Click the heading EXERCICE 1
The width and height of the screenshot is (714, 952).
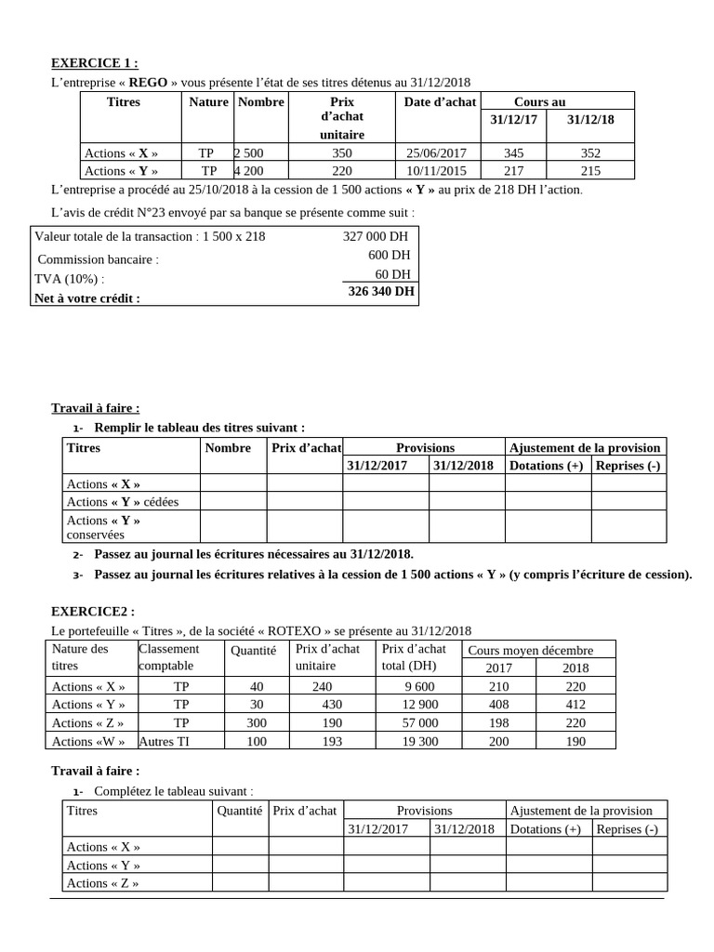coord(93,64)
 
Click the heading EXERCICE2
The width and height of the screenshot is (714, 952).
coord(92,611)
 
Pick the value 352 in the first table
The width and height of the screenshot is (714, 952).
coord(589,153)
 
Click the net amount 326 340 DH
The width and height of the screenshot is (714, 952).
coord(381,291)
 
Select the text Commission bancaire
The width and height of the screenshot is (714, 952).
coord(98,260)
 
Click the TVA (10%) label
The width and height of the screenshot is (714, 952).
coord(70,279)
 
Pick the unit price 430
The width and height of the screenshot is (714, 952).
coord(332,705)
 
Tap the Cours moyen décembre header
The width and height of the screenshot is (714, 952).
coord(530,651)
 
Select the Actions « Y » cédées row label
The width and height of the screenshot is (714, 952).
coord(123,502)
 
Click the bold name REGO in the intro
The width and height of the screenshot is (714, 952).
coord(148,83)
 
